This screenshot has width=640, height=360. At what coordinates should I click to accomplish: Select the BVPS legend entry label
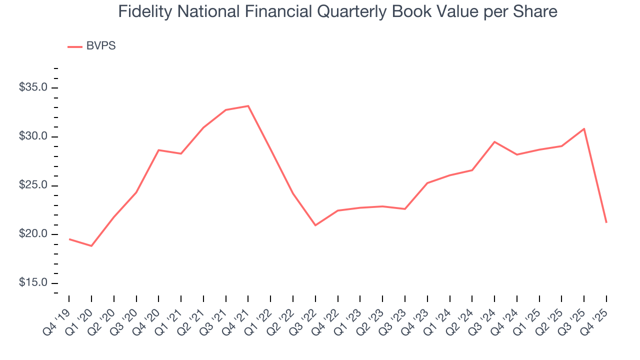click(101, 46)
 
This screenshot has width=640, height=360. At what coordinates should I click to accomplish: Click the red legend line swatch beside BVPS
click(74, 46)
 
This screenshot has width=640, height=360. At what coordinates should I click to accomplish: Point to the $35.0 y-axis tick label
click(33, 88)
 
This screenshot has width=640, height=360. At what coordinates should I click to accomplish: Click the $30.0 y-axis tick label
click(33, 137)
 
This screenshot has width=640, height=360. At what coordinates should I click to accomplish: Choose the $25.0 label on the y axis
click(33, 185)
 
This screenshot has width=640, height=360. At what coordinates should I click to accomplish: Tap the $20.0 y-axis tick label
click(33, 234)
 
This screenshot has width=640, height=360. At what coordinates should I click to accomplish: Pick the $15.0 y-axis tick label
click(33, 283)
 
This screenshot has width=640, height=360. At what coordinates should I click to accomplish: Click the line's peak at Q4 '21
click(248, 106)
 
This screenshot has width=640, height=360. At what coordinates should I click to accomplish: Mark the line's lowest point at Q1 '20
click(91, 246)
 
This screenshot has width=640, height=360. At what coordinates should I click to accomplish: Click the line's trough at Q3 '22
click(315, 225)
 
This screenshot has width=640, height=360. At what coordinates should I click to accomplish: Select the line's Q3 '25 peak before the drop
click(584, 129)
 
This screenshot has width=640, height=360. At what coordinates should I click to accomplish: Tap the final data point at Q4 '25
click(606, 222)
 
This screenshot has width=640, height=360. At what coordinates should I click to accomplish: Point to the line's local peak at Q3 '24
click(494, 142)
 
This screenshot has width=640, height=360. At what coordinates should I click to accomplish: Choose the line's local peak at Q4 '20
click(158, 150)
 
